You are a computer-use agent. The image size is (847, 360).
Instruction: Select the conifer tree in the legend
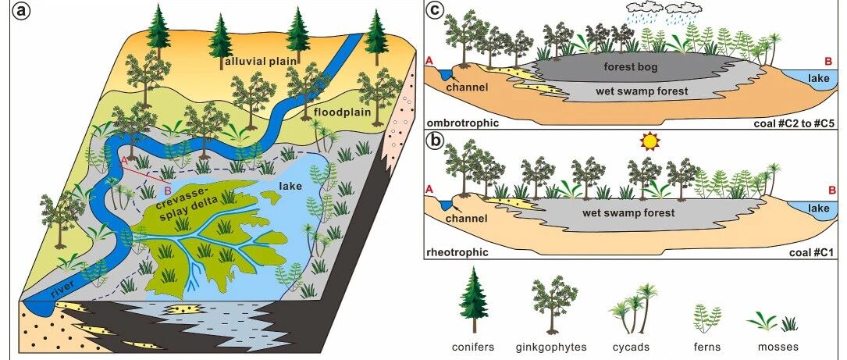[x=475, y=300]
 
